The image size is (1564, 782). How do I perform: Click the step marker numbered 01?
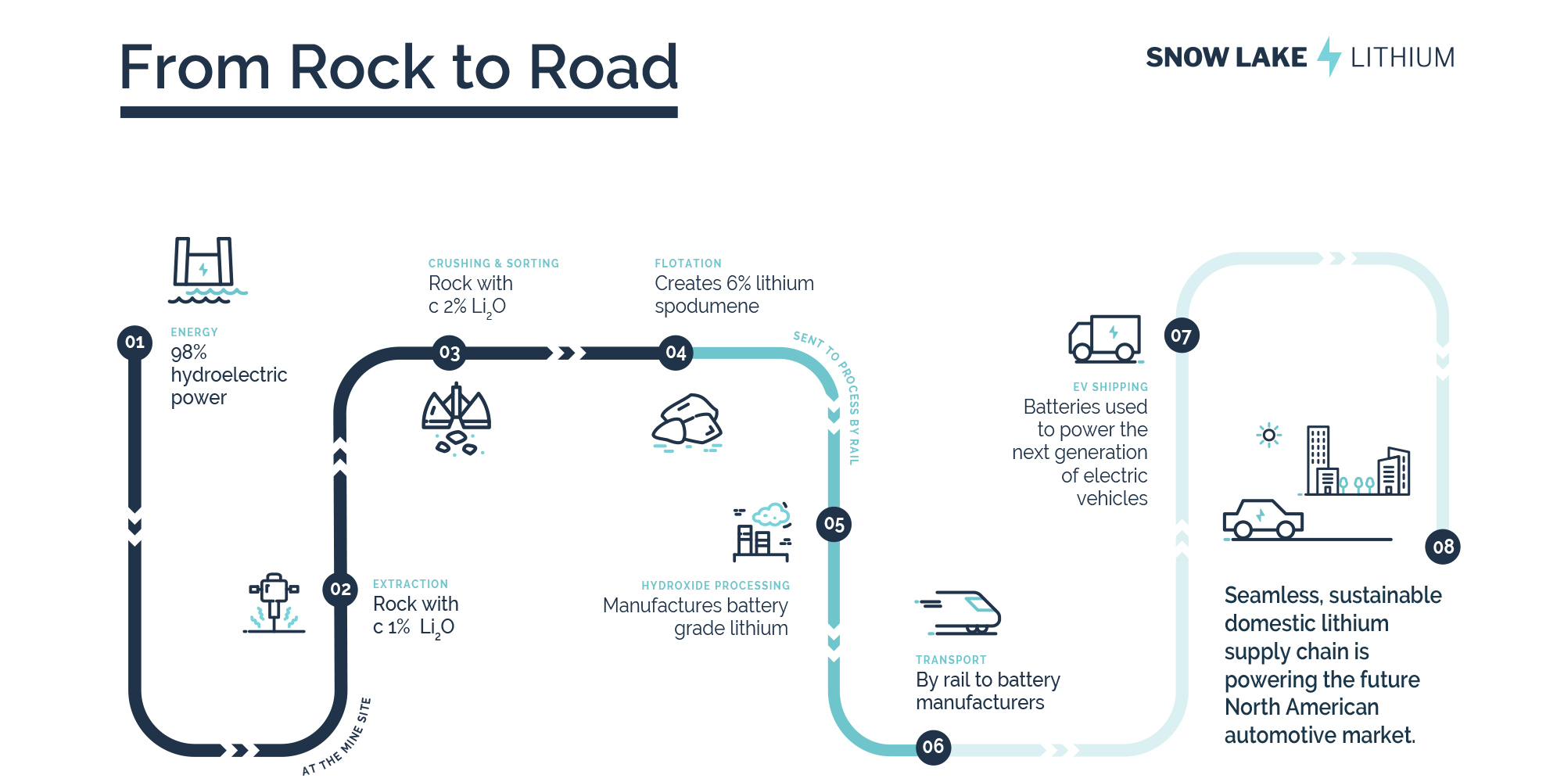point(135,343)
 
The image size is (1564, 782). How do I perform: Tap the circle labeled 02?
point(340,589)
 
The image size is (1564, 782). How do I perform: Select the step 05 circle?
point(834,524)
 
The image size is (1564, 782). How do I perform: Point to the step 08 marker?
point(1443,547)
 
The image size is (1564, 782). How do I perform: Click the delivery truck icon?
point(1105,339)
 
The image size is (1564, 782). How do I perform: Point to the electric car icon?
point(1263,520)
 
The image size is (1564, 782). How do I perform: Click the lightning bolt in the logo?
point(1329,56)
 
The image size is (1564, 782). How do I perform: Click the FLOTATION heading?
point(688,264)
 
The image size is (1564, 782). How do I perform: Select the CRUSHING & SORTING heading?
point(493,264)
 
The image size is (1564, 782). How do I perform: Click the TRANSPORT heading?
point(951,660)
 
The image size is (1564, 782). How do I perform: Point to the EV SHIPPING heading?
point(1110,387)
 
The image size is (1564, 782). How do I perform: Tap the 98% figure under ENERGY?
point(189,353)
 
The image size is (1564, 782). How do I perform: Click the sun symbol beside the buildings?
point(1268,435)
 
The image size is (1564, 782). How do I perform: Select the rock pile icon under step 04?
point(687,424)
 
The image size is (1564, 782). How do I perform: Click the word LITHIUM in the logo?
point(1402,58)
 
